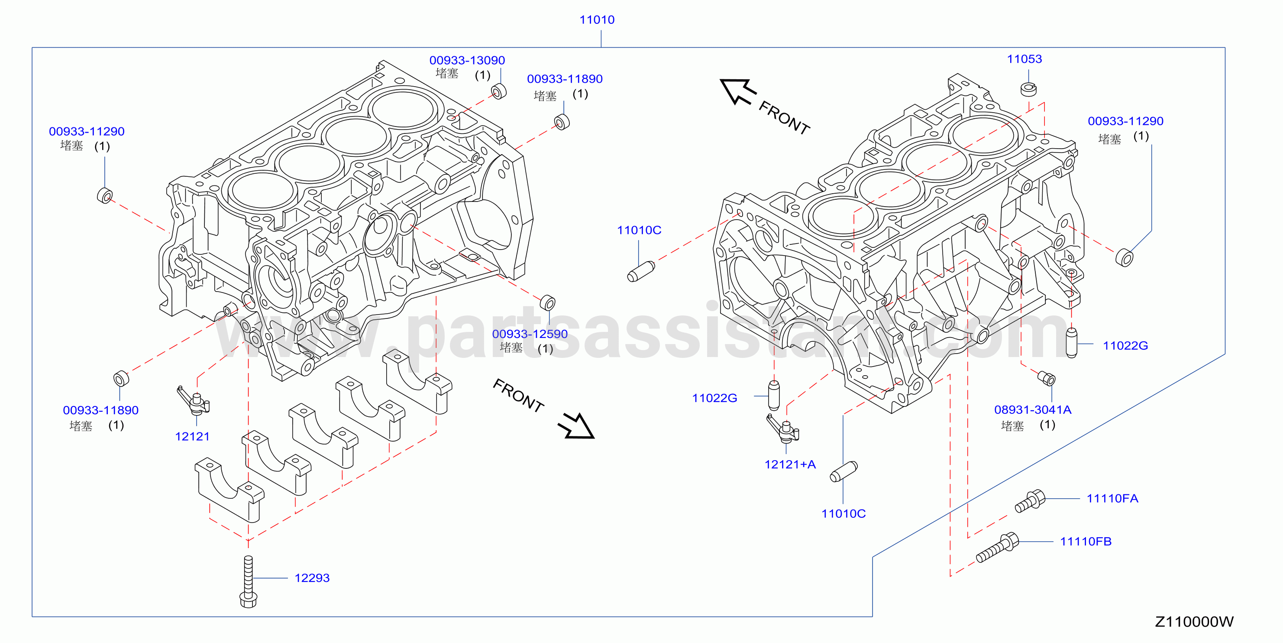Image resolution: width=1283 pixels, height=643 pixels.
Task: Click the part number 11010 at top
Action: coord(597,20)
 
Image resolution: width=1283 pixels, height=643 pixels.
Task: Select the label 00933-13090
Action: coord(467,60)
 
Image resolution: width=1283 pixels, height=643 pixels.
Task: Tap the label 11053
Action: coord(1024,59)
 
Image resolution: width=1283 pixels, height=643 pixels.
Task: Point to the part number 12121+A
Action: coord(790,464)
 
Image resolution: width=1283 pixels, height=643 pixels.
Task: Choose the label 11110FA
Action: coord(1112,498)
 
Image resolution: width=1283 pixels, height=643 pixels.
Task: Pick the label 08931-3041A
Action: coord(1032,410)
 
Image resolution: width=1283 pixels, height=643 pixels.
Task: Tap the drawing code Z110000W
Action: coord(1194,622)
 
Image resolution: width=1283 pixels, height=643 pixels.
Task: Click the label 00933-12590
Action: coord(530,334)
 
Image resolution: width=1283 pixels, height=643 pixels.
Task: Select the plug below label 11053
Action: coord(1028,89)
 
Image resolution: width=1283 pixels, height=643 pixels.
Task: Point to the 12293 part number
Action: coord(312,578)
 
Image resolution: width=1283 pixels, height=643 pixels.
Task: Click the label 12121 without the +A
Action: coord(192,437)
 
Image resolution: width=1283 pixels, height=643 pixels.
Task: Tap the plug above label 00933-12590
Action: coord(547,302)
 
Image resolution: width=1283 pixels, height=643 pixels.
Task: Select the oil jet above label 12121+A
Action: coord(782,428)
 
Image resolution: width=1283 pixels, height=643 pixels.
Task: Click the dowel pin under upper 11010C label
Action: coord(641,272)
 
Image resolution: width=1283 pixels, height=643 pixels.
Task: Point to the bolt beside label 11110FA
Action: coord(1030,501)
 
